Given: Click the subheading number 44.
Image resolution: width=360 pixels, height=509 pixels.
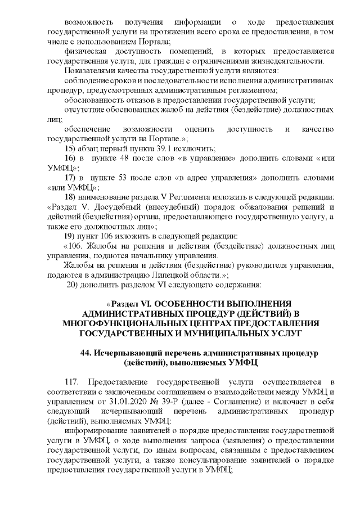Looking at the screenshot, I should point(87,353).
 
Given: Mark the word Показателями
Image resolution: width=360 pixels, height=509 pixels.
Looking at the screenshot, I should point(91,71).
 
